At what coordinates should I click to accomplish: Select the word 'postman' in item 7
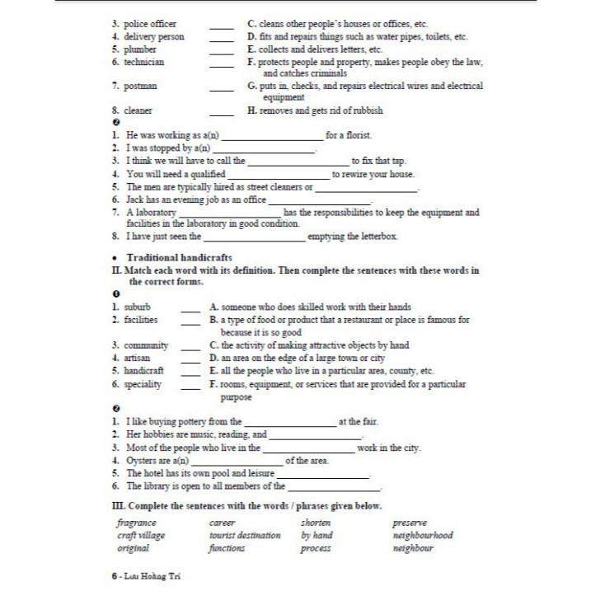(141, 86)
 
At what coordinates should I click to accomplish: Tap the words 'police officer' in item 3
(150, 24)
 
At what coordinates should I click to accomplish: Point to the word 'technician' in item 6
(144, 62)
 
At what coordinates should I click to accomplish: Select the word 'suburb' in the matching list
(138, 307)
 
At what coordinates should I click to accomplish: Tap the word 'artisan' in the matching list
(138, 359)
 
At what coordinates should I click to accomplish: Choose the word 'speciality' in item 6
(143, 384)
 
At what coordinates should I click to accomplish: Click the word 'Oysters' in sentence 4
(142, 460)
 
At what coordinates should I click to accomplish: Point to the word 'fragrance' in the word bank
(137, 523)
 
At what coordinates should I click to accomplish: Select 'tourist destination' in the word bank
(245, 535)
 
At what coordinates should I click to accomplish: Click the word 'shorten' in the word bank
(316, 523)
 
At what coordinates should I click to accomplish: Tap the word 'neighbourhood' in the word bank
(423, 535)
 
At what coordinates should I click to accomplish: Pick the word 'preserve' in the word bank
(410, 523)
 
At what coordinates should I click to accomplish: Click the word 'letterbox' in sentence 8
(378, 237)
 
